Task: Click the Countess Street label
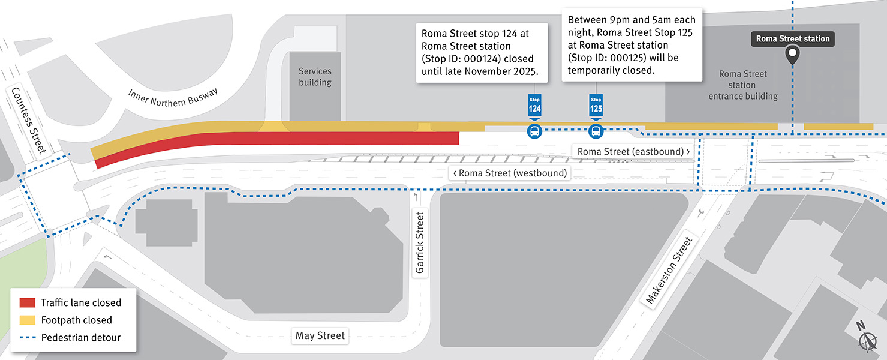(x=28, y=120)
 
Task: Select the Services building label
(x=315, y=77)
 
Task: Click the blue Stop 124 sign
(x=534, y=106)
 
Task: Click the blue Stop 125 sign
(x=596, y=106)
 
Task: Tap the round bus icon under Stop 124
(x=534, y=131)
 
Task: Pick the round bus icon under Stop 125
(x=596, y=131)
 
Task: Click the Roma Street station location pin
(x=792, y=56)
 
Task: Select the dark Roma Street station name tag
(x=792, y=39)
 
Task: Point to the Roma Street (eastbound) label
(x=633, y=152)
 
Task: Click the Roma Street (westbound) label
(x=510, y=173)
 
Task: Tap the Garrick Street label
(x=420, y=242)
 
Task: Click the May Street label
(x=320, y=335)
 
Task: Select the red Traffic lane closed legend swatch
(x=28, y=302)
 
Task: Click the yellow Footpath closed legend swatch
(x=28, y=320)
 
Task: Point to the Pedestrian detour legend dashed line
(x=28, y=338)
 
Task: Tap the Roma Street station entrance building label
(x=743, y=85)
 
